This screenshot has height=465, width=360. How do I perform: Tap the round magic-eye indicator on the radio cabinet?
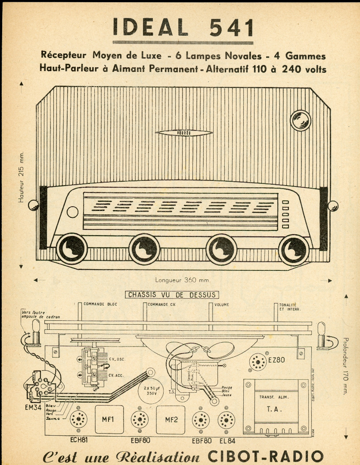(301, 120)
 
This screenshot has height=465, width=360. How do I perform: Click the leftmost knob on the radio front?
(71, 249)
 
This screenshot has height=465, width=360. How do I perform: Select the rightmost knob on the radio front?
(294, 249)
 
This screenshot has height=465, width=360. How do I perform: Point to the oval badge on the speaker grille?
(184, 133)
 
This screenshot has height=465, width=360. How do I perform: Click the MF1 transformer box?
(108, 419)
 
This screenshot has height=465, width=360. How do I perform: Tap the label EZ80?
(276, 360)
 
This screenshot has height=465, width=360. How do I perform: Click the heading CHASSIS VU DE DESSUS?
(172, 295)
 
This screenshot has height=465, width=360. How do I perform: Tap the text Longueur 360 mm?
(183, 280)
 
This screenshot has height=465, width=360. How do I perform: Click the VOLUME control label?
(222, 304)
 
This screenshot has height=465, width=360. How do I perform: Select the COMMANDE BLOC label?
(100, 304)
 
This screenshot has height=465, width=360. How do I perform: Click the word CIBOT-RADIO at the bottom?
(265, 456)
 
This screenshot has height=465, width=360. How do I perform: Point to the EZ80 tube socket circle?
(258, 362)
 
